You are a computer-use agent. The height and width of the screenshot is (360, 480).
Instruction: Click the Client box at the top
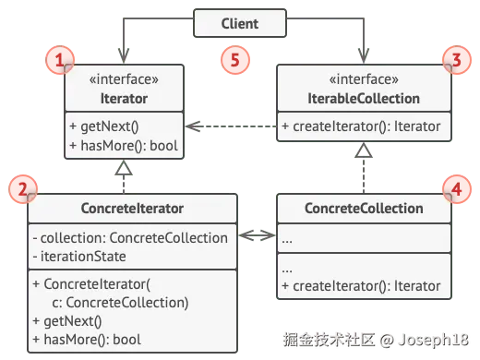(x=240, y=22)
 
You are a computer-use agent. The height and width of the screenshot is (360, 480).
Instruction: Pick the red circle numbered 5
(x=236, y=63)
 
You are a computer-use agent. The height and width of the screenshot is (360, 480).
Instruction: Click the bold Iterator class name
(x=125, y=98)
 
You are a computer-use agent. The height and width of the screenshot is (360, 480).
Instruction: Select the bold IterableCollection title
(x=365, y=98)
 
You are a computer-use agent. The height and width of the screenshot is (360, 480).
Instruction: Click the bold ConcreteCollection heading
(x=365, y=209)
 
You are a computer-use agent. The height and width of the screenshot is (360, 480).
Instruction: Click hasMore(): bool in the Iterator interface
(x=122, y=147)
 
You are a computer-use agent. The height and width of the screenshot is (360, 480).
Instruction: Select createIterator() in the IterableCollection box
(x=365, y=127)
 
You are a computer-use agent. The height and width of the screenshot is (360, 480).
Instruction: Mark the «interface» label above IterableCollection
(x=365, y=80)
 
